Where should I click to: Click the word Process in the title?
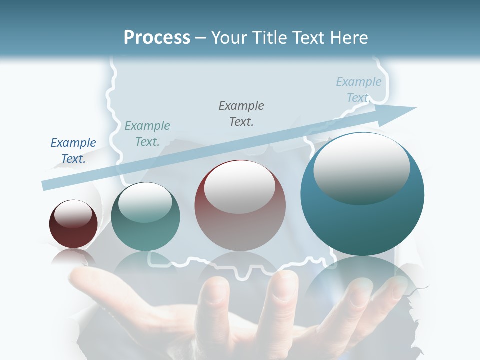click(157, 38)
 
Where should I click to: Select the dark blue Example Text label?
click(73, 151)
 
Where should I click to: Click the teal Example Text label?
click(147, 134)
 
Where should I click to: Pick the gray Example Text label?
click(241, 113)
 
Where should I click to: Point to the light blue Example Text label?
click(358, 89)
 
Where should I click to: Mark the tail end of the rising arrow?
click(45, 185)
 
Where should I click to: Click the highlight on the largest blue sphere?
click(361, 169)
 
